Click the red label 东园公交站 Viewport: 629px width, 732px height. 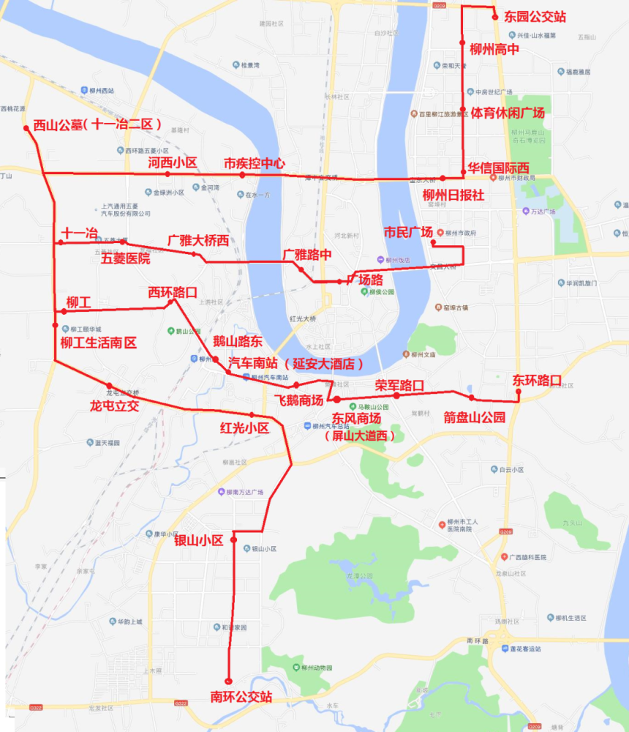click(535, 17)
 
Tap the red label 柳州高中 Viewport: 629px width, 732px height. click(494, 50)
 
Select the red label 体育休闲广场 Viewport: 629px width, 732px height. click(508, 113)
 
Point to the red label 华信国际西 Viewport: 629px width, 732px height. click(499, 168)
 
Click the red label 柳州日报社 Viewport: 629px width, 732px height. click(453, 195)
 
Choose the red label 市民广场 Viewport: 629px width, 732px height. click(408, 232)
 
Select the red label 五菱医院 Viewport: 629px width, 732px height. click(125, 258)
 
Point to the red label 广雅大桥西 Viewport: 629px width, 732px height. click(197, 240)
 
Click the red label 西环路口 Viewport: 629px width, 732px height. click(173, 292)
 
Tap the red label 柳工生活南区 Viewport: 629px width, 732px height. click(98, 343)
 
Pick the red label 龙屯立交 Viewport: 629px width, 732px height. click(114, 405)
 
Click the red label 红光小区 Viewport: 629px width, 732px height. click(245, 427)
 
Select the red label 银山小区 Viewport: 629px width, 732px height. click(198, 540)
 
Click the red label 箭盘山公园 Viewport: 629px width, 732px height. click(475, 417)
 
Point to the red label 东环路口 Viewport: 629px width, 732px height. click(537, 380)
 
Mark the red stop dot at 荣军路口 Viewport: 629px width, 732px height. click(396, 396)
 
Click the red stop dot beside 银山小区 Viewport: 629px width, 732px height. click(234, 539)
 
